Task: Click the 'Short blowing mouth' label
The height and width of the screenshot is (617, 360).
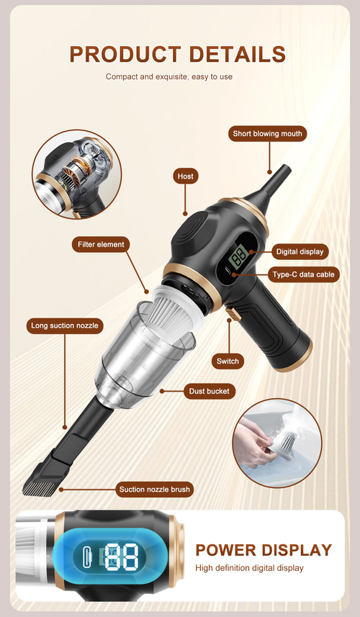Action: click(x=269, y=134)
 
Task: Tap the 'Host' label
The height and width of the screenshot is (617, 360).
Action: click(x=186, y=176)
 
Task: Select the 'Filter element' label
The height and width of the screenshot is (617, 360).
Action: click(x=102, y=244)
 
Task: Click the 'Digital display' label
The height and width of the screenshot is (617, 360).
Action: click(x=300, y=251)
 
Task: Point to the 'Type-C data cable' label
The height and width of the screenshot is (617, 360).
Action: click(x=303, y=274)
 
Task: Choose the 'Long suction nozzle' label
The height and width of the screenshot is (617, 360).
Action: click(x=65, y=325)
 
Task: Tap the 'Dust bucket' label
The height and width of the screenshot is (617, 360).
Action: click(x=208, y=391)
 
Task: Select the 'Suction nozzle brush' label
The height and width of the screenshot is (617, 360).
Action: click(x=155, y=490)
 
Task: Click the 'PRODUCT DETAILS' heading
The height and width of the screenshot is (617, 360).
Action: click(x=178, y=54)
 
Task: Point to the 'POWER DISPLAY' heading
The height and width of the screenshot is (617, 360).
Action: click(x=264, y=550)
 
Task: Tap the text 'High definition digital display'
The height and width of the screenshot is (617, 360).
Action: click(x=249, y=568)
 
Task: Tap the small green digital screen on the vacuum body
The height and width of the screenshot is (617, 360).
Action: click(x=240, y=258)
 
